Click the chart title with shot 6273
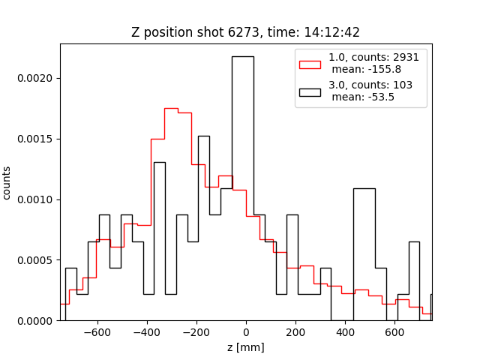pyautogui.click(x=246, y=32)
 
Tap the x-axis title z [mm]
pyautogui.click(x=246, y=347)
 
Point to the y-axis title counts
pyautogui.click(x=7, y=182)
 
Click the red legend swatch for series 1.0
pyautogui.click(x=310, y=64)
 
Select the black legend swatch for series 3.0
pyautogui.click(x=310, y=91)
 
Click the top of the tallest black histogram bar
pyautogui.click(x=242, y=56)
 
